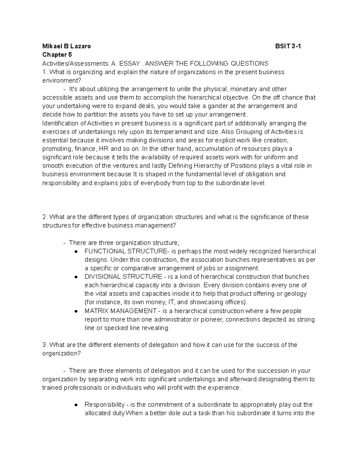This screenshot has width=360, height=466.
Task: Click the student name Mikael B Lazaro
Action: coord(66,46)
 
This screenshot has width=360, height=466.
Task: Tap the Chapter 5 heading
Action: coord(57,55)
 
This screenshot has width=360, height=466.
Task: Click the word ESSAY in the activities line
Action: coord(130,63)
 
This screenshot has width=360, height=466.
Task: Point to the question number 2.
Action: coord(44,217)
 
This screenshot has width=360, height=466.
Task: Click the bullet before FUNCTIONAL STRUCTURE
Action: coord(76,251)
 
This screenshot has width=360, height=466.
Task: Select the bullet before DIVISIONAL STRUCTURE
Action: coord(76,277)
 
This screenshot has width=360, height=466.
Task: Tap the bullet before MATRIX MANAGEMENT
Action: coord(76,311)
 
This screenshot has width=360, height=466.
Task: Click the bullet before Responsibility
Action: coord(76,405)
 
